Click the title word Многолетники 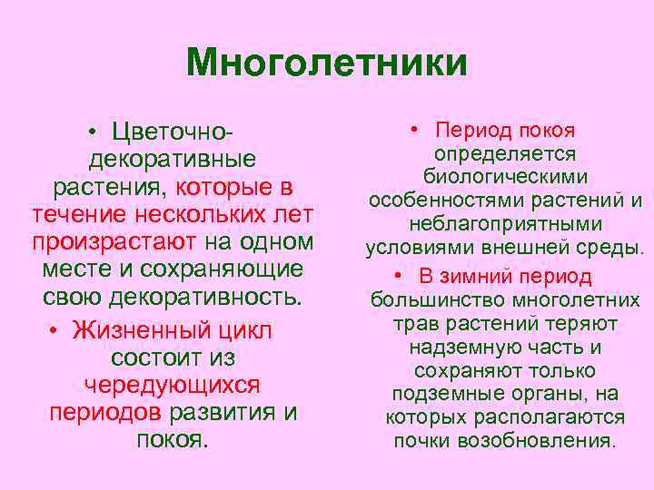point(326,63)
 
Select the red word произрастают point(114,243)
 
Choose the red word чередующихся point(172,385)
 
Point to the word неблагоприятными point(505,223)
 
